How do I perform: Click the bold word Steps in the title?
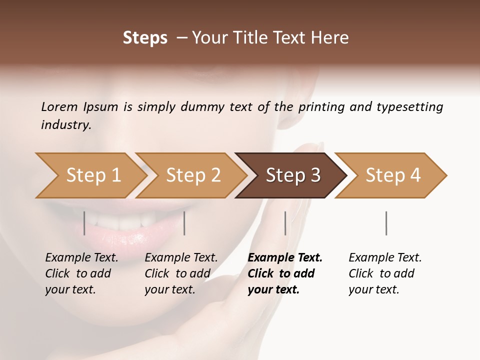(x=145, y=38)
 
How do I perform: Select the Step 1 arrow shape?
(x=90, y=175)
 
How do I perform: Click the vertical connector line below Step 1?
(x=84, y=223)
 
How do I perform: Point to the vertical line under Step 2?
(x=184, y=223)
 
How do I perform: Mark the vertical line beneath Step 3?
(x=285, y=223)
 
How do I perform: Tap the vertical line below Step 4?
(x=386, y=223)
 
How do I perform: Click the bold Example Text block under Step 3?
(x=285, y=273)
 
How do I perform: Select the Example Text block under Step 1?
(x=81, y=273)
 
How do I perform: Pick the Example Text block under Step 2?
(x=181, y=273)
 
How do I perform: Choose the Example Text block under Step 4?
(x=385, y=273)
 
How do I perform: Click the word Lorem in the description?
(x=59, y=106)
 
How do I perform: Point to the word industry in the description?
(x=66, y=125)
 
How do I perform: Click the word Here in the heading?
(x=330, y=38)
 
